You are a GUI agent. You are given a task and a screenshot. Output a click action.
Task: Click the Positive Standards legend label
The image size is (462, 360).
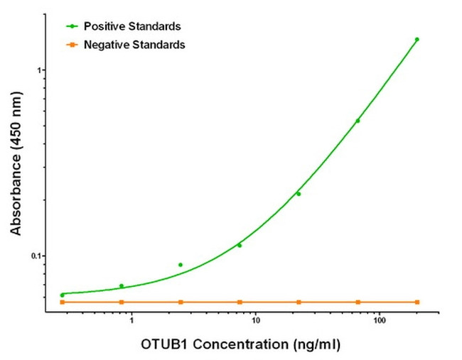coord(132,26)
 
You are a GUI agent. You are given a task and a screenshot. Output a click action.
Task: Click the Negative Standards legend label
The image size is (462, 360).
coord(134,45)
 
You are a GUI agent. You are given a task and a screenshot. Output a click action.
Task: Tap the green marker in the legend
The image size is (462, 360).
coord(72,26)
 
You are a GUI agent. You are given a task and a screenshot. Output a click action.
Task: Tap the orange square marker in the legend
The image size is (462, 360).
coord(72,45)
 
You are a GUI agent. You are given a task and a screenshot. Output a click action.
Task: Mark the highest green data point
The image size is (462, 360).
coord(417,40)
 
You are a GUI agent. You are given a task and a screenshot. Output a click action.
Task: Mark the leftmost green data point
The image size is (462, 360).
coord(63,295)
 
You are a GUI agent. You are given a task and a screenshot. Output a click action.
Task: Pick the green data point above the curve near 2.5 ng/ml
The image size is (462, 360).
coord(181,265)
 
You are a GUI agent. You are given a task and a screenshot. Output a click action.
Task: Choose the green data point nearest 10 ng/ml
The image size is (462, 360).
coord(240,246)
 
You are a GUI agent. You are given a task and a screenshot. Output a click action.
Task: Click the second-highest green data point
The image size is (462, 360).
coord(358,121)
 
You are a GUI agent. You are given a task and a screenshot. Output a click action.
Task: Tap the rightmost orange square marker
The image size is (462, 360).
coord(417,302)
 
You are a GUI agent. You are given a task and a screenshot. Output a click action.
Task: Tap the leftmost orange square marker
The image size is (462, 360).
coord(63,302)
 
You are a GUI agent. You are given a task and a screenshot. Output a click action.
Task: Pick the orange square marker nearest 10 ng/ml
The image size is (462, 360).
coord(240,302)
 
